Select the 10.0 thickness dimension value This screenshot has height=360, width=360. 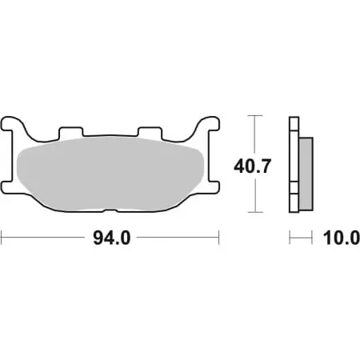point(336,238)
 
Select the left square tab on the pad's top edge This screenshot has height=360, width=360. point(71,131)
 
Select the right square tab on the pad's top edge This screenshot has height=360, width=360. point(149,131)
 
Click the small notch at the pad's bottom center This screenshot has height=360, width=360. point(110,212)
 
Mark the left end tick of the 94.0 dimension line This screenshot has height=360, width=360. point(2,238)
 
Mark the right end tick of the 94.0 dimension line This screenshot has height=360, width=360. point(218,238)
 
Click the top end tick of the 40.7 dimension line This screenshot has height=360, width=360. point(254,117)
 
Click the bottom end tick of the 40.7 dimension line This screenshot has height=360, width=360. point(254,213)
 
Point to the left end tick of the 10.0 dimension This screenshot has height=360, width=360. point(290,238)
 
